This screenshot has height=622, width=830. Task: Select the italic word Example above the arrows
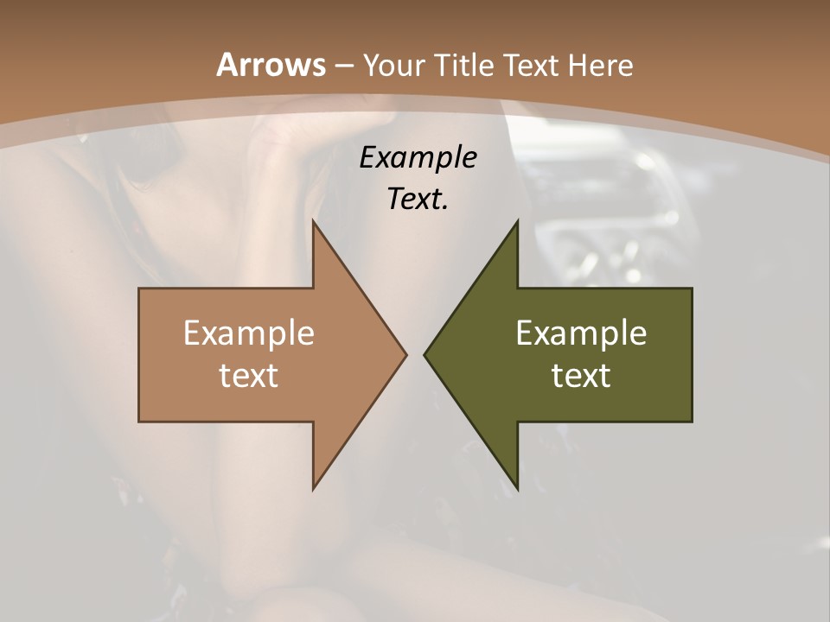(418, 157)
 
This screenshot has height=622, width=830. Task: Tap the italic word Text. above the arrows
(418, 199)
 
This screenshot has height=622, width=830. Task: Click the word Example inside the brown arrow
(249, 333)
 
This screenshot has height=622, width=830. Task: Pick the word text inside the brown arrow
(249, 375)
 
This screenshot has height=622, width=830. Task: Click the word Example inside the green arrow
(581, 333)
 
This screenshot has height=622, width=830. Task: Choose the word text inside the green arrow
(581, 375)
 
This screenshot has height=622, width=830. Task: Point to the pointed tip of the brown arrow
(405, 354)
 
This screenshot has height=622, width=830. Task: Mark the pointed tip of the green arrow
(425, 354)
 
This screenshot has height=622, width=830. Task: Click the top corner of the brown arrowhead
(313, 221)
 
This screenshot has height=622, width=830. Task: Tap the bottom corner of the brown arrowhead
(313, 489)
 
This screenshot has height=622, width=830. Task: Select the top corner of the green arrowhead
(517, 221)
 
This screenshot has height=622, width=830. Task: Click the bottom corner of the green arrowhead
(517, 489)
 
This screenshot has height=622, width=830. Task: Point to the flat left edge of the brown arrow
(139, 354)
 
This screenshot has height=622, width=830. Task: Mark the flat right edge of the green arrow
(692, 354)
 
